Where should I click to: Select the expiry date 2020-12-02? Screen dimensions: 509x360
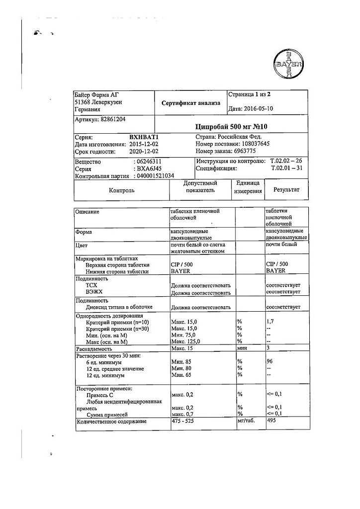[144, 152]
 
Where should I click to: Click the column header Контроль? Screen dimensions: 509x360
[121, 190]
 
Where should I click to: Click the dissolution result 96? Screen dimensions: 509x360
[270, 362]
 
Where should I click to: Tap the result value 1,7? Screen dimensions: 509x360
[270, 322]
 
